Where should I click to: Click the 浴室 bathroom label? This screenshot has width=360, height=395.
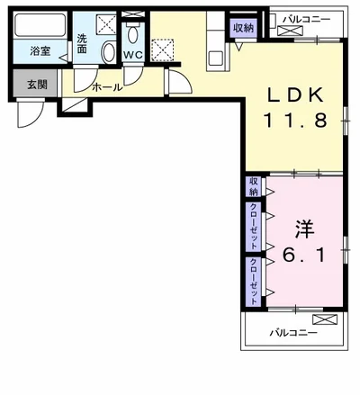tap(40, 50)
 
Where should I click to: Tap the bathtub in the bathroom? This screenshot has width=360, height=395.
tap(40, 25)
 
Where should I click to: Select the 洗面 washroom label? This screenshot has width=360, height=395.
tap(82, 44)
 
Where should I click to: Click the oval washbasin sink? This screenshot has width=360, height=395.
tap(109, 52)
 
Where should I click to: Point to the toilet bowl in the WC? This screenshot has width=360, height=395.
tap(133, 34)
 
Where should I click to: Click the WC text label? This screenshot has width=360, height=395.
tap(133, 56)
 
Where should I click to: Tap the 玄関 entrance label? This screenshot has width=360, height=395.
tap(38, 85)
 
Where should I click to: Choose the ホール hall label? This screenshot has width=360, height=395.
tap(107, 87)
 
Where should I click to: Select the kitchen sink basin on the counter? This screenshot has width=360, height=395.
tap(215, 58)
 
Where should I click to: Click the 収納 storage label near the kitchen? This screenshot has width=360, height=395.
tap(244, 29)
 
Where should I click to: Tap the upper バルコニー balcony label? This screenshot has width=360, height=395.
tap(307, 20)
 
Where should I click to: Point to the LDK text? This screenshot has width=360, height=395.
tap(295, 95)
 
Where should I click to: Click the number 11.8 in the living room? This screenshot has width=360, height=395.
tap(295, 121)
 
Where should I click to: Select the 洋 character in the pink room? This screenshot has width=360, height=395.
tap(304, 229)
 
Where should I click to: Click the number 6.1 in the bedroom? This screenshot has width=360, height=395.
tap(303, 256)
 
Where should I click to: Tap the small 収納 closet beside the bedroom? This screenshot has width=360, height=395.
tap(254, 186)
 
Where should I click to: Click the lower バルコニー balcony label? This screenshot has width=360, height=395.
tap(293, 333)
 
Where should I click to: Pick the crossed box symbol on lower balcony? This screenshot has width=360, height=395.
tap(325, 319)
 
